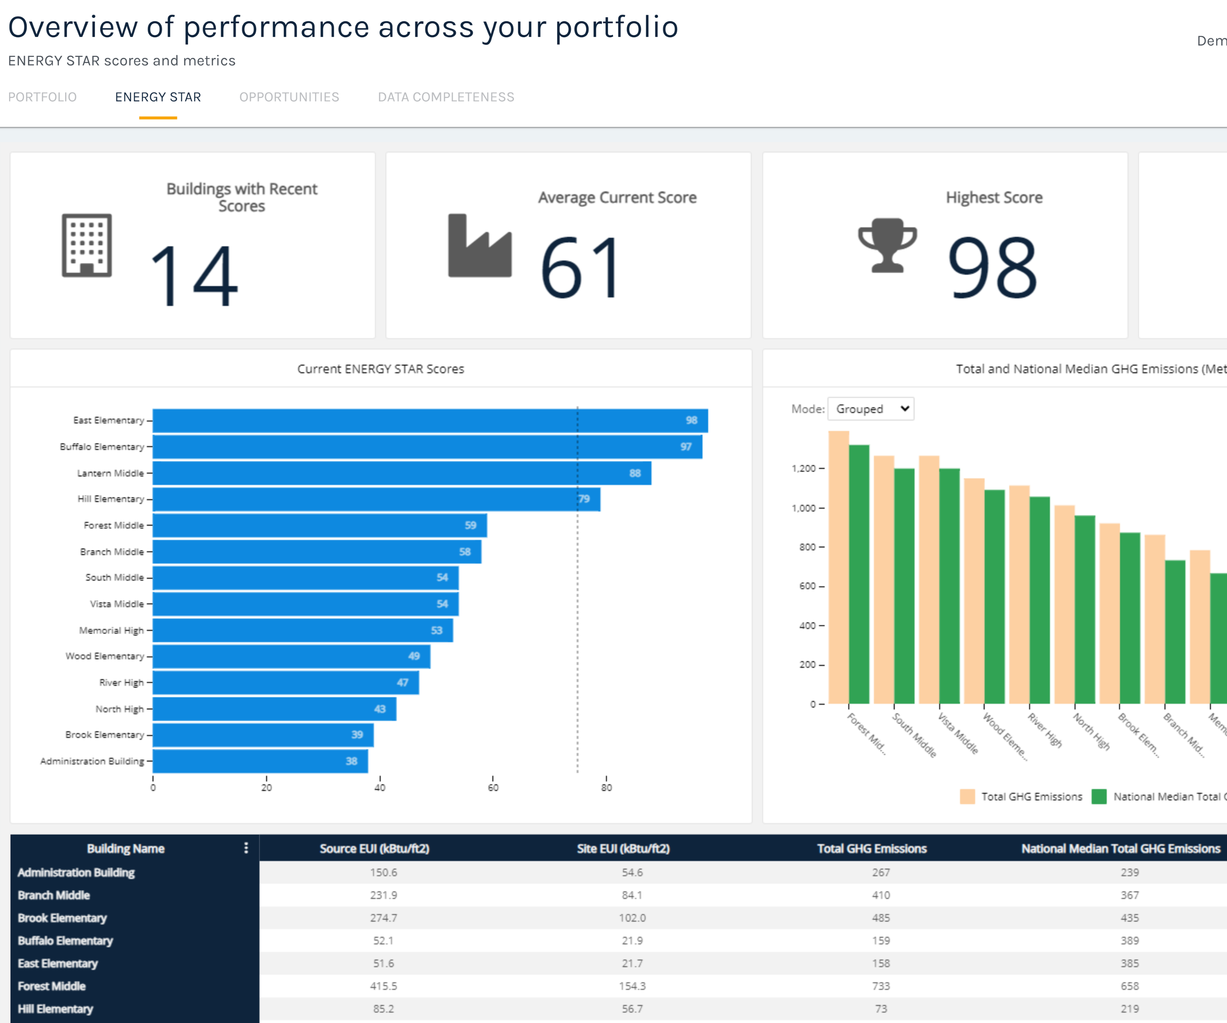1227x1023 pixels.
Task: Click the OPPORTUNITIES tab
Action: tap(289, 97)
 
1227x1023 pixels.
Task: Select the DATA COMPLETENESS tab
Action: tap(446, 97)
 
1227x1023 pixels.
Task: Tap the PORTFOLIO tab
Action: tap(42, 97)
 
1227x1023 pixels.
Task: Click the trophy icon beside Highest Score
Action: tap(887, 246)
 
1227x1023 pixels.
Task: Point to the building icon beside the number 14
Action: tap(86, 246)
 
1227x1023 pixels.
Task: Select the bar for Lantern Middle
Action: tap(401, 473)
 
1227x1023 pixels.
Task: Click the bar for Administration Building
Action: tap(260, 761)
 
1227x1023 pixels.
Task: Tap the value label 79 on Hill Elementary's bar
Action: tap(584, 499)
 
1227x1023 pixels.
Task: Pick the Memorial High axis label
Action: tap(111, 630)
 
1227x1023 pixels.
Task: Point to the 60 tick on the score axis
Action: tap(493, 787)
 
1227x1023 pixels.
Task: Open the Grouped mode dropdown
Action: tap(871, 409)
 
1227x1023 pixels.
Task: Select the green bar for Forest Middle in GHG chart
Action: tap(859, 573)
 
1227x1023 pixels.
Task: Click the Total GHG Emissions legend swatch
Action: tap(967, 797)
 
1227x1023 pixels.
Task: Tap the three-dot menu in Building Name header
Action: tap(246, 848)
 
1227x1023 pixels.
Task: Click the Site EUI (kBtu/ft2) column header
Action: tap(623, 848)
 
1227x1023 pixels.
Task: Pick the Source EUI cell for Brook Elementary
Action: tap(383, 918)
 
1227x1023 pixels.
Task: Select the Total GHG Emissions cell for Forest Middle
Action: tap(881, 986)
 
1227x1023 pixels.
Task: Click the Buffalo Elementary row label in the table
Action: tap(65, 941)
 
